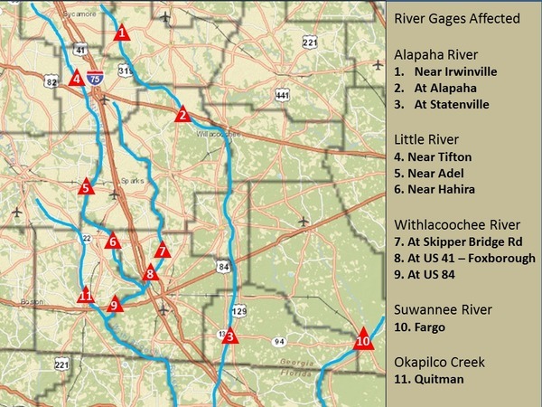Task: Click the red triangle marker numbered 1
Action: click(121, 33)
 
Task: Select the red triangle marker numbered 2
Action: click(182, 115)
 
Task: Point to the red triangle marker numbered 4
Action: click(78, 79)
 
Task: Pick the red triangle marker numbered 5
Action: click(86, 187)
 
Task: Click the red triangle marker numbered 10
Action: click(362, 341)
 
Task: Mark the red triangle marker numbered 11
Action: click(86, 296)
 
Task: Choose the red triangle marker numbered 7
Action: click(162, 251)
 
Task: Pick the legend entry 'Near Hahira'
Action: click(446, 189)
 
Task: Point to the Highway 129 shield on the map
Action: click(239, 310)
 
